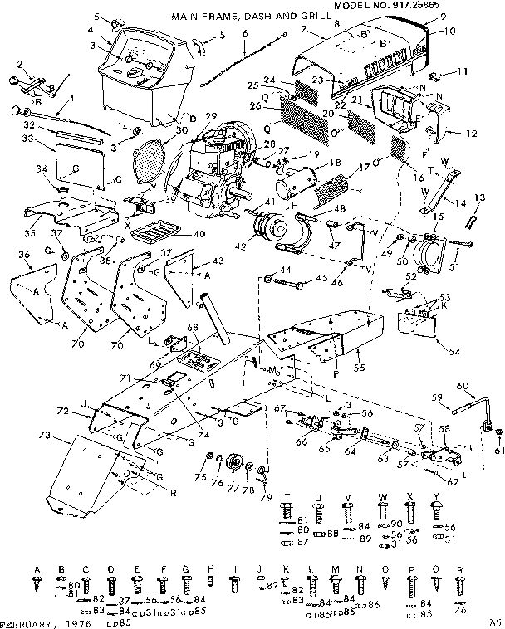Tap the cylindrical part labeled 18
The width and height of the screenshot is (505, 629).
point(300,181)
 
